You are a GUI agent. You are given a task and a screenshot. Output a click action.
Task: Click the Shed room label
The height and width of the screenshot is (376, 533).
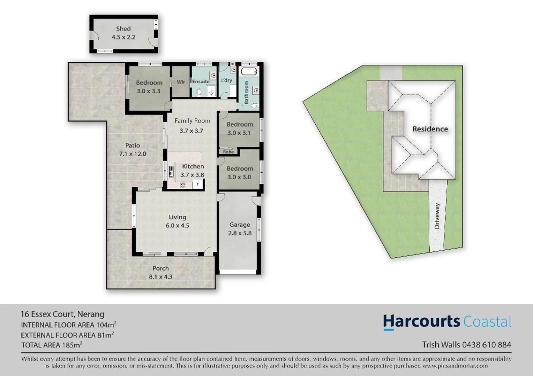point(123,29)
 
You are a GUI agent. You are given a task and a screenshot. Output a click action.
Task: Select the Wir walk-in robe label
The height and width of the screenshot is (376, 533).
point(181,82)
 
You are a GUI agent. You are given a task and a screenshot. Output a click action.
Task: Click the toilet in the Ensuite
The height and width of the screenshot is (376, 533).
point(199,92)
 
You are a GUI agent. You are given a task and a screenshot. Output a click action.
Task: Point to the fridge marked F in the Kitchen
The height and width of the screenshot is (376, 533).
point(198,185)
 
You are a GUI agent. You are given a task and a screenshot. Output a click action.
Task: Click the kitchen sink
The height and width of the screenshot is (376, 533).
point(171,171)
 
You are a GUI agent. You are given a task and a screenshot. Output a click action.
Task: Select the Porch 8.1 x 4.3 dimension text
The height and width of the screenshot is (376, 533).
point(160,277)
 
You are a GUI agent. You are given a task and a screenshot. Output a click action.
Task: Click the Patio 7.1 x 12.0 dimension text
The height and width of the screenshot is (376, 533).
point(133,154)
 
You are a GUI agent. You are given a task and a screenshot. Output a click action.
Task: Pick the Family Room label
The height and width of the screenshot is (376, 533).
point(192,121)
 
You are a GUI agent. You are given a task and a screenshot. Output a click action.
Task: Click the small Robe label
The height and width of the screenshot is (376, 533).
point(228,152)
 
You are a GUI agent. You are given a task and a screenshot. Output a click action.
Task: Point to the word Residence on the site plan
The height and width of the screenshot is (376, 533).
point(430,129)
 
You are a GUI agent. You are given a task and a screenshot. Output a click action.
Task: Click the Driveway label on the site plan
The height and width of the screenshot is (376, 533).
point(437,216)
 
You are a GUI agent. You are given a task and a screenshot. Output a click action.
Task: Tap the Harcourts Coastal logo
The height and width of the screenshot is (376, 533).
point(447,322)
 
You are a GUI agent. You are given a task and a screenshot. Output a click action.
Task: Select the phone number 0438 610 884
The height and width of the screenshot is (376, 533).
point(487,345)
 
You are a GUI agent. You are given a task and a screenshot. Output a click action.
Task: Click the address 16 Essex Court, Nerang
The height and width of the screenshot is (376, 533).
point(62,314)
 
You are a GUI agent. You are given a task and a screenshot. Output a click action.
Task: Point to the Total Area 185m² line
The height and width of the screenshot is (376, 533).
point(52,345)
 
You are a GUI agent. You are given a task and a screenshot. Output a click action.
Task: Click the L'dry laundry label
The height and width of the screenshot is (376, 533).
point(226,80)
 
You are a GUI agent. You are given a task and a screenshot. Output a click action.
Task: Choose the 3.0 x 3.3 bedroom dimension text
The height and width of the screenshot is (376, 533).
point(149,91)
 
